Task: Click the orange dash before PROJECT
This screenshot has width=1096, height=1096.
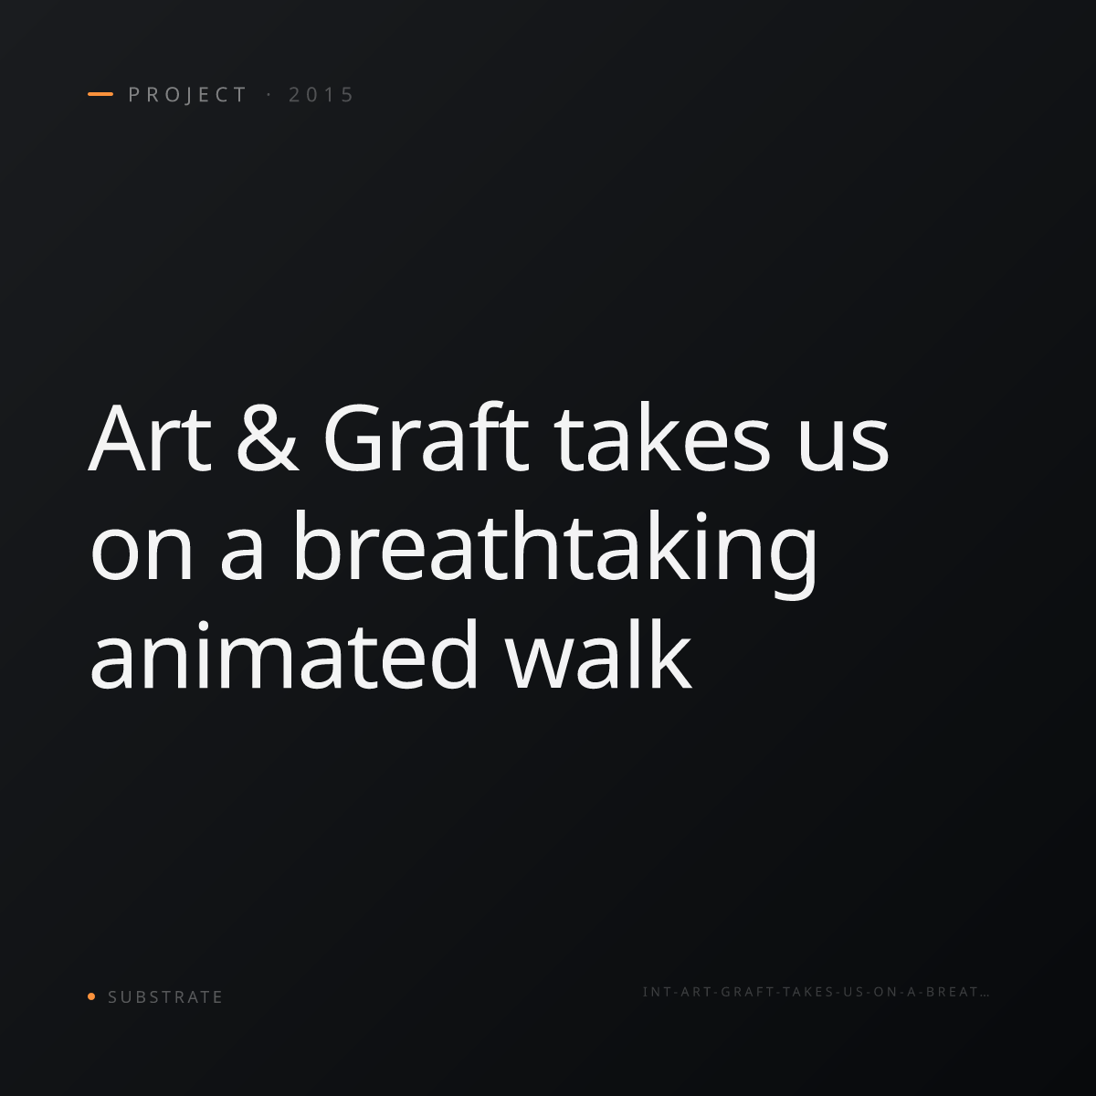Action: [x=100, y=94]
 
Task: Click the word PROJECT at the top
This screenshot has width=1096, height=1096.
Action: [x=187, y=95]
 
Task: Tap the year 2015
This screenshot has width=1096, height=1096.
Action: [x=321, y=95]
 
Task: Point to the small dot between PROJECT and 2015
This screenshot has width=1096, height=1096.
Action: [x=269, y=95]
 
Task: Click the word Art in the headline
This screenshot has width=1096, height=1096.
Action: [x=150, y=438]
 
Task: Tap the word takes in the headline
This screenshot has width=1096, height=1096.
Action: [x=662, y=438]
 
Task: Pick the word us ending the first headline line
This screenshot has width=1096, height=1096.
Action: [x=843, y=446]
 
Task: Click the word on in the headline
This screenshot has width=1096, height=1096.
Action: [x=142, y=554]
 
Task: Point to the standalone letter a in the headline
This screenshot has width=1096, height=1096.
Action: [x=242, y=555]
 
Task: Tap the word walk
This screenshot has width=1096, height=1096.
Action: [x=598, y=654]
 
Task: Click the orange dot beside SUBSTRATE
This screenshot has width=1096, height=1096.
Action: [x=91, y=996]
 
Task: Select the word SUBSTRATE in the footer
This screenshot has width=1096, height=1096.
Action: [x=165, y=997]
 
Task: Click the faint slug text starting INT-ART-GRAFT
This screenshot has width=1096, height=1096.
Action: [x=817, y=992]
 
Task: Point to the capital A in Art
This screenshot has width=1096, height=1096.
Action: [x=120, y=438]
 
